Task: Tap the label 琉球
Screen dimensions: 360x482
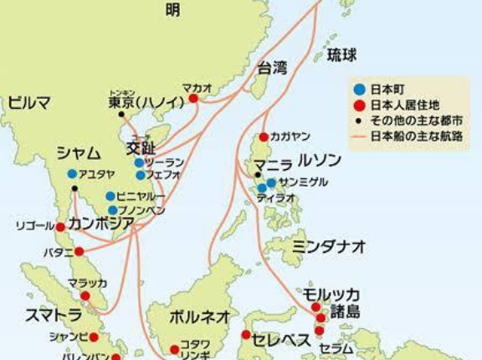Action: point(341,56)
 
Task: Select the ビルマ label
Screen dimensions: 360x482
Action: point(30,102)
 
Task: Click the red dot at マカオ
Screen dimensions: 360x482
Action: point(193,98)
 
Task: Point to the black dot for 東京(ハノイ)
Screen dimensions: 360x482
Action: point(122,115)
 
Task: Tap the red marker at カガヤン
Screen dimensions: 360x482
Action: point(264,136)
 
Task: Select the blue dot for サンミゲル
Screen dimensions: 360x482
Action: point(271,183)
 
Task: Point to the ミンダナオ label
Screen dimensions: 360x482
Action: point(330,246)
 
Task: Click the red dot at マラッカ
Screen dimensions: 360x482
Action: point(85,296)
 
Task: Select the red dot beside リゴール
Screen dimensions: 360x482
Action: point(60,226)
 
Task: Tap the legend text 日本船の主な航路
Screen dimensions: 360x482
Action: point(411,134)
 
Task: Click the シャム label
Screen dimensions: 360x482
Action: point(79,152)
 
